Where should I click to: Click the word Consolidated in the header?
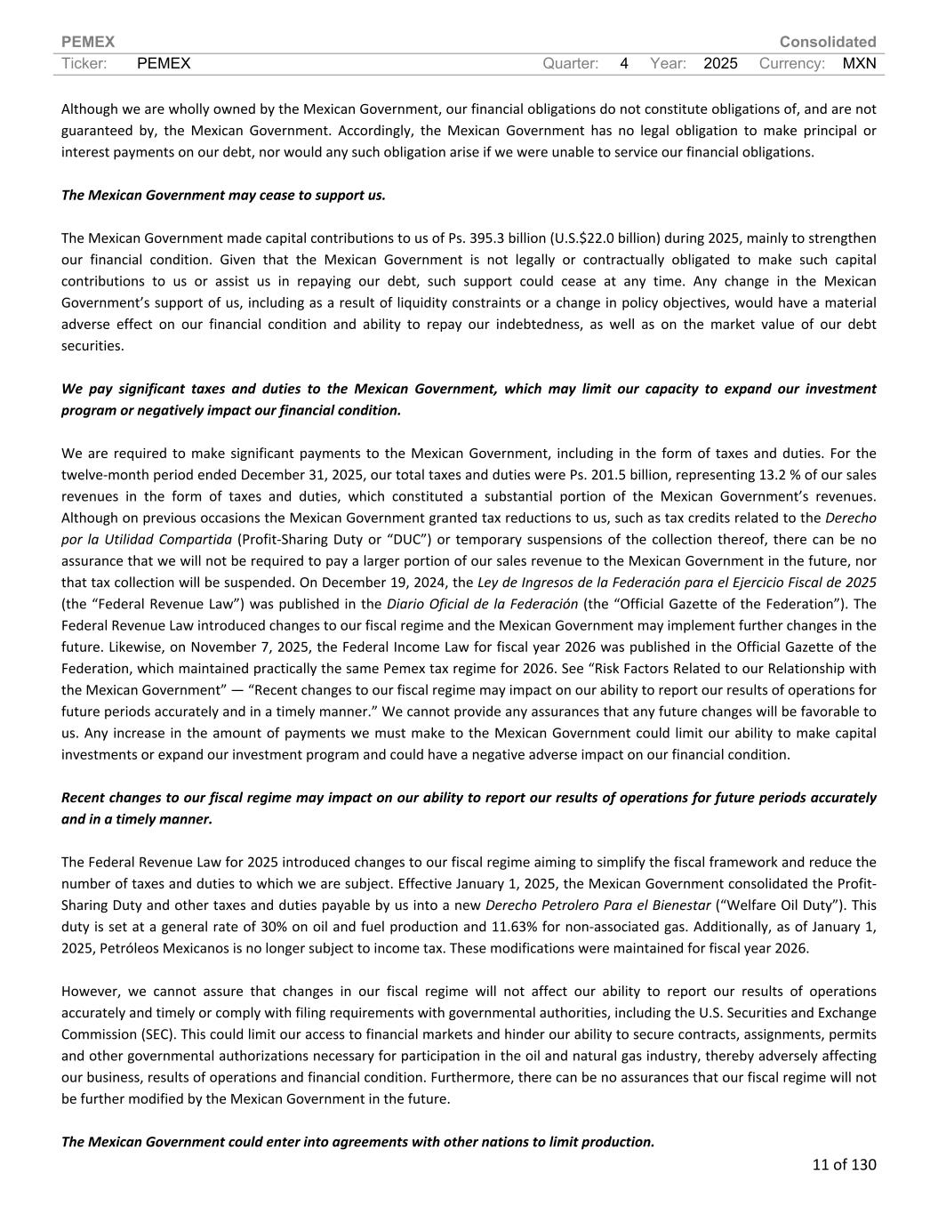pos(827,42)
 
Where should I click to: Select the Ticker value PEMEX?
pos(164,63)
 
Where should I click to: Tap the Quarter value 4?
pos(624,63)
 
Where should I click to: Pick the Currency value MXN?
pos(859,63)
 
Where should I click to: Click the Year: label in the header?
pos(668,63)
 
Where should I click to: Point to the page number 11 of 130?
pos(844,1164)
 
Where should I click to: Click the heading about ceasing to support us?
pos(223,196)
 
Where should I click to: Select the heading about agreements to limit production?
pos(357,1142)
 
